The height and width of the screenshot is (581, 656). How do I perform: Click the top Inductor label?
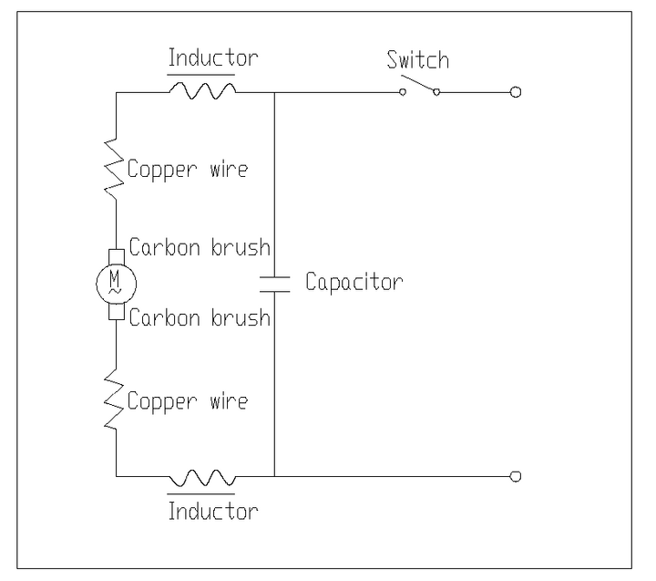click(213, 57)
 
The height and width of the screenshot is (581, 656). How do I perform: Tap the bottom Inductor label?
click(213, 511)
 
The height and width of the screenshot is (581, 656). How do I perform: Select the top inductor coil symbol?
click(202, 90)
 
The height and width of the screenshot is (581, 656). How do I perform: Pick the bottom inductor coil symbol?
click(202, 478)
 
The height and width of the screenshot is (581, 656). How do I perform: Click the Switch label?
click(418, 59)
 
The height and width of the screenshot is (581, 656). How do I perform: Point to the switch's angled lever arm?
click(418, 83)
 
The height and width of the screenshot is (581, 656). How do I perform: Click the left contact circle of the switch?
click(403, 92)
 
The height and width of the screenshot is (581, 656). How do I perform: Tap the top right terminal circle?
click(516, 92)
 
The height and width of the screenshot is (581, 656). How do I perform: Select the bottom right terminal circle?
click(516, 476)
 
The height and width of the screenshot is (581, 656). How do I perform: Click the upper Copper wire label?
click(188, 170)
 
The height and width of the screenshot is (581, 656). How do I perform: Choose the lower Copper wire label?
click(188, 401)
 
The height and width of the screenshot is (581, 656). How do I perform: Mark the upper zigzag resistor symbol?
click(114, 169)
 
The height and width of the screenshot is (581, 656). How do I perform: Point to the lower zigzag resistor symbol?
click(114, 399)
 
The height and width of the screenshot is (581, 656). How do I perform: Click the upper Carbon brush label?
click(200, 247)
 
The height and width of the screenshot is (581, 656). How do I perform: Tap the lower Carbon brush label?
click(200, 317)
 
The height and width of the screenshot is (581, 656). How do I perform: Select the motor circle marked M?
click(116, 284)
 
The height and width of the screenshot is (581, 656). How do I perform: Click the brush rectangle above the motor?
click(117, 257)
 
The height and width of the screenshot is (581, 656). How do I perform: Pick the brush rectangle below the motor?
click(117, 312)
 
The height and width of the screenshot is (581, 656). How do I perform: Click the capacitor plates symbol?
click(274, 284)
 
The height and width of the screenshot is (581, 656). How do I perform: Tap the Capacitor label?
click(354, 282)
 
